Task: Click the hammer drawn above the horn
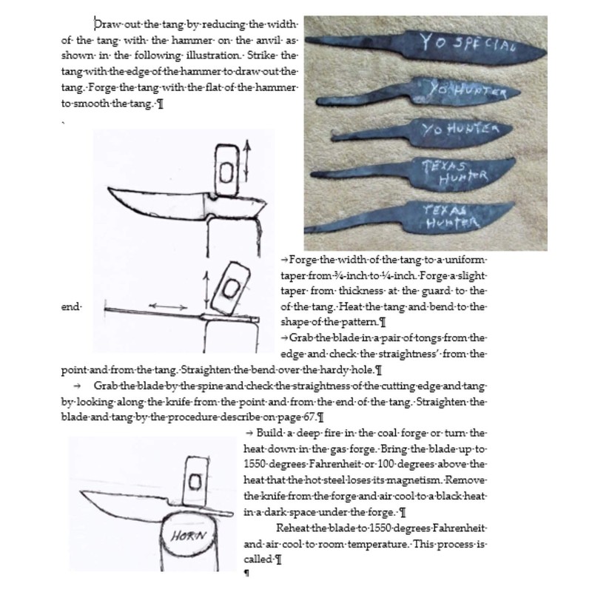[x=195, y=484]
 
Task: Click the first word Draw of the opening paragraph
[x=108, y=24]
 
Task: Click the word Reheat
[x=295, y=528]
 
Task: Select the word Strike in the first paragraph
[x=261, y=55]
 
